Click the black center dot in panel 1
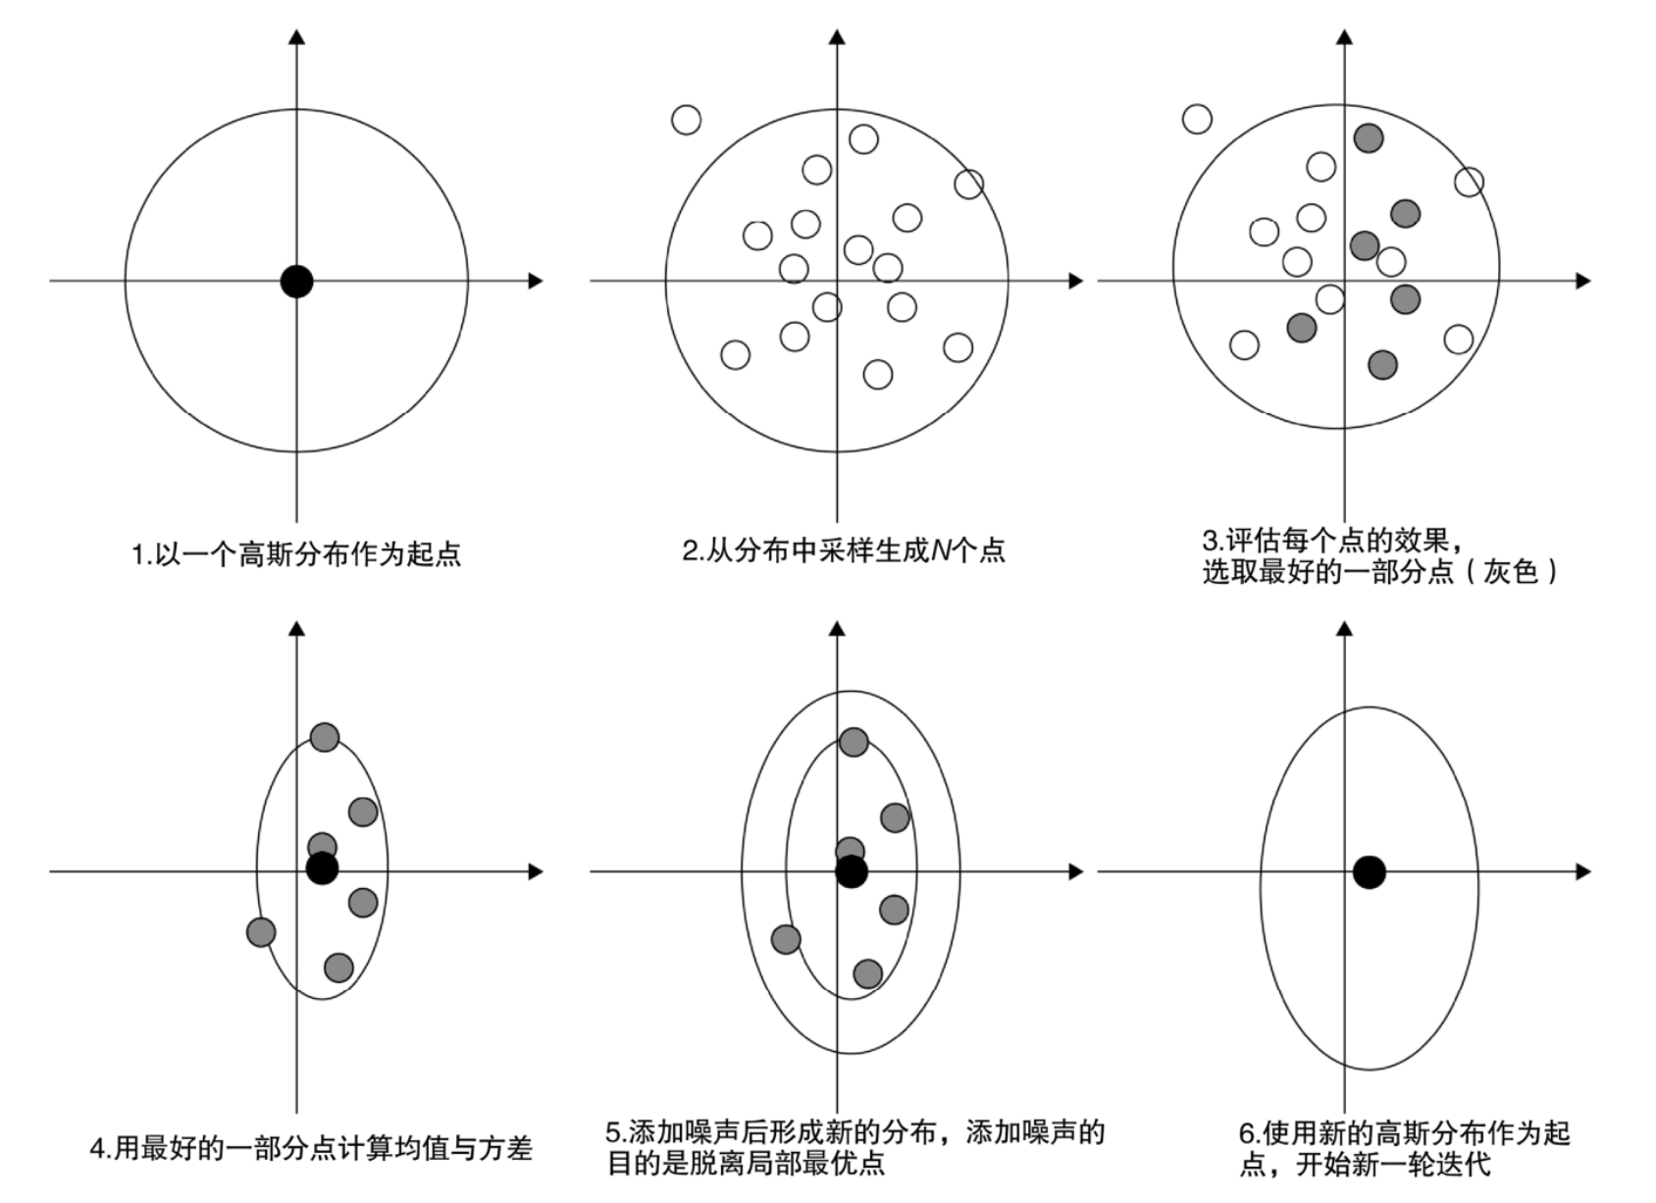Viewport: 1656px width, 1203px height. pyautogui.click(x=296, y=281)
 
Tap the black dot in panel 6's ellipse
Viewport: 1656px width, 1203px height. pyautogui.click(x=1369, y=871)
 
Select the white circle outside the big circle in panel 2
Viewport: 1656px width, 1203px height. pyautogui.click(x=687, y=120)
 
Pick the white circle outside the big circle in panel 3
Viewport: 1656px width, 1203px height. pyautogui.click(x=1197, y=119)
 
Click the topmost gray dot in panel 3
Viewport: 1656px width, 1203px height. pyautogui.click(x=1369, y=137)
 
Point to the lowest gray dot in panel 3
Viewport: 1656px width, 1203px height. pyautogui.click(x=1382, y=365)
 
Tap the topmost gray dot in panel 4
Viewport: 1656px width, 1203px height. pyautogui.click(x=325, y=737)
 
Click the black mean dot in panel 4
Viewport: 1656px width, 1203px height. pyautogui.click(x=322, y=867)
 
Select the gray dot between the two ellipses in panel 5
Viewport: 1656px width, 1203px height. pyautogui.click(x=786, y=939)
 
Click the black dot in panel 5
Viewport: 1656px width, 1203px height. pyautogui.click(x=852, y=871)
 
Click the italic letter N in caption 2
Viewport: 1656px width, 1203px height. pyautogui.click(x=940, y=550)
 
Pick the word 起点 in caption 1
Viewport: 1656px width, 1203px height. pyautogui.click(x=434, y=554)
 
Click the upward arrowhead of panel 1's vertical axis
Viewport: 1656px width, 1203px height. pyautogui.click(x=296, y=37)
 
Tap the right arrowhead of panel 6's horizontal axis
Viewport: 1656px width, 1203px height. pyautogui.click(x=1582, y=871)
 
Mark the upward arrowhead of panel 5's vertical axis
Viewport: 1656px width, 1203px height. pyautogui.click(x=837, y=628)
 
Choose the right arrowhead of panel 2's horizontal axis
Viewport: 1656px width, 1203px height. pyautogui.click(x=1076, y=281)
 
